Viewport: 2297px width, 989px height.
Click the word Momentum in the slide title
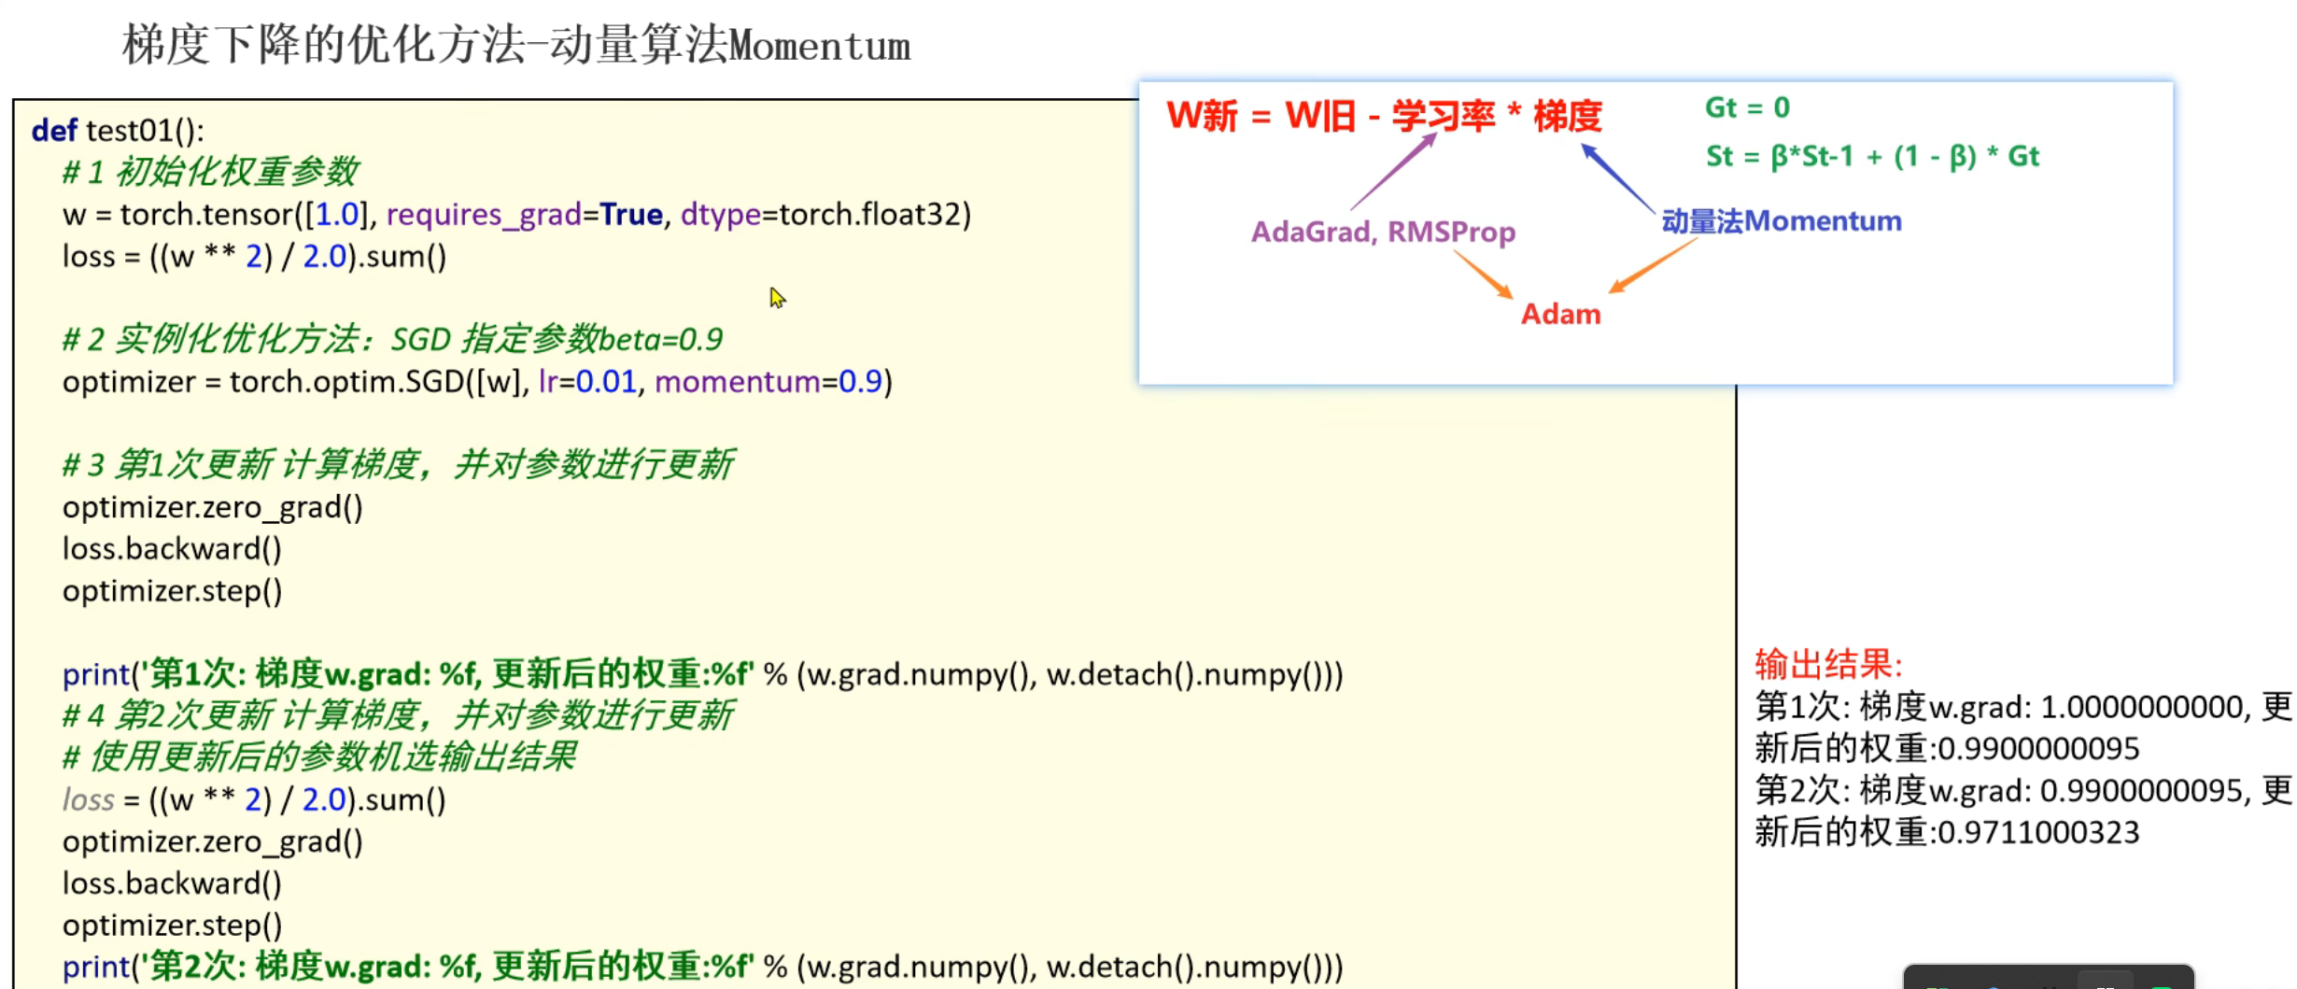click(820, 46)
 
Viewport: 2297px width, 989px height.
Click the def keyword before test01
click(53, 131)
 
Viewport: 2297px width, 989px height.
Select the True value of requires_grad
click(631, 215)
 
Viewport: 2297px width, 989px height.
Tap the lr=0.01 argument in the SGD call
click(587, 382)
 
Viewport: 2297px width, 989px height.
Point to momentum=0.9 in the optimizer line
click(768, 382)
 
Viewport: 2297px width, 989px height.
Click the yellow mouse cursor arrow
click(777, 298)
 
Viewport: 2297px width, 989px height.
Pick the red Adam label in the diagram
click(1560, 314)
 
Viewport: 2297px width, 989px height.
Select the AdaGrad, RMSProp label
click(1383, 232)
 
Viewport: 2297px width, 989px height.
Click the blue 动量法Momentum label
click(1781, 221)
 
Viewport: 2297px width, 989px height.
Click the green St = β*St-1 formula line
click(1872, 156)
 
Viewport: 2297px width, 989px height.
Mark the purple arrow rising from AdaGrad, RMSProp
click(1393, 171)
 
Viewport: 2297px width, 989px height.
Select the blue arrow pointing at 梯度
click(1617, 178)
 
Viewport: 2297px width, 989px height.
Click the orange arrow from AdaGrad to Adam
click(1484, 276)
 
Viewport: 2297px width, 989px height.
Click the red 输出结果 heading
click(1828, 665)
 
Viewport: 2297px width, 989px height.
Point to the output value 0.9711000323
click(2038, 832)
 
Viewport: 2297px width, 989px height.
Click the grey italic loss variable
click(89, 799)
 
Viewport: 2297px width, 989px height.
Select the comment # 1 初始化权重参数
click(210, 172)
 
